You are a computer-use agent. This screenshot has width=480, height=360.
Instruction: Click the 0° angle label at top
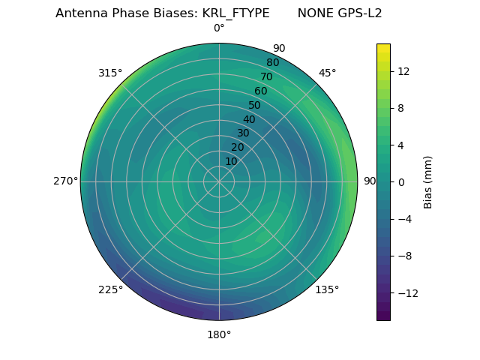click(x=219, y=28)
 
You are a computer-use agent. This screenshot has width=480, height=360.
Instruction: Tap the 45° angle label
click(x=327, y=73)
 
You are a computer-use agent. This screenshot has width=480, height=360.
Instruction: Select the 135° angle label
click(x=327, y=289)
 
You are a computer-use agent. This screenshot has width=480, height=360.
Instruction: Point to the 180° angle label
click(x=219, y=334)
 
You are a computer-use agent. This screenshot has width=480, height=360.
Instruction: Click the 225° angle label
click(x=110, y=289)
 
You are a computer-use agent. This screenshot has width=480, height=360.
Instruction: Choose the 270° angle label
click(x=65, y=181)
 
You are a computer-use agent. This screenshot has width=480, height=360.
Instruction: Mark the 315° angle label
click(x=110, y=73)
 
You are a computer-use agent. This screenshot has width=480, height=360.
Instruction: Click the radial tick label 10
click(x=231, y=161)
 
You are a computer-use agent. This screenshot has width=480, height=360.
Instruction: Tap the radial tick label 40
click(x=249, y=119)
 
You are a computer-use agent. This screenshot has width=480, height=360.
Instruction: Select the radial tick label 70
click(x=266, y=76)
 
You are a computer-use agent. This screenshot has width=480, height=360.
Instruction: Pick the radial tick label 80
click(x=272, y=62)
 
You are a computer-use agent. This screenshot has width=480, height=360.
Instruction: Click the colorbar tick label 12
click(x=403, y=71)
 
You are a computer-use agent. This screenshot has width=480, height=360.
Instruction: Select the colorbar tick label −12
click(x=406, y=292)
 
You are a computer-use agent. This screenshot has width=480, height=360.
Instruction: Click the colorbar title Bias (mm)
click(x=428, y=181)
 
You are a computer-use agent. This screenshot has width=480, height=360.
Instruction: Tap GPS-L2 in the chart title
click(x=361, y=13)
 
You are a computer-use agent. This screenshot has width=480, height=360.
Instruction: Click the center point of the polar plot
click(x=219, y=181)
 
